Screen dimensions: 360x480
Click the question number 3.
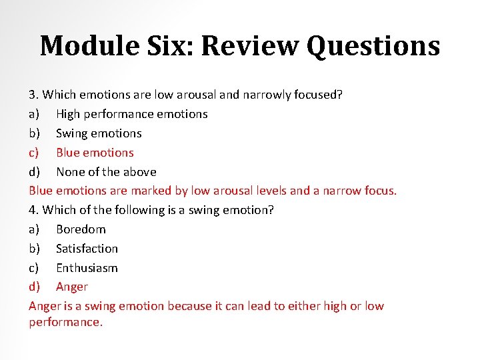click(33, 95)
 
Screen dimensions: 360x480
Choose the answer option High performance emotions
click(131, 114)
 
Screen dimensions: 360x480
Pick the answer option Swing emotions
click(99, 133)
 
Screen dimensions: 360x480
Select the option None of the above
click(106, 171)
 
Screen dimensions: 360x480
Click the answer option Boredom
click(81, 229)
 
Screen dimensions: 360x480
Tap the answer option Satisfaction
click(87, 249)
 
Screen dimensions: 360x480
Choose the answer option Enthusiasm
click(87, 268)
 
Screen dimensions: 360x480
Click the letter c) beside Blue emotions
click(35, 153)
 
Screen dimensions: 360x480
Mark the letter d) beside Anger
click(35, 287)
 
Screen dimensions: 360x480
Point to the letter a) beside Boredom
click(35, 229)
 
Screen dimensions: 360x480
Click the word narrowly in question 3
click(265, 95)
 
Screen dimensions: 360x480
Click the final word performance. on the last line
click(65, 322)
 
